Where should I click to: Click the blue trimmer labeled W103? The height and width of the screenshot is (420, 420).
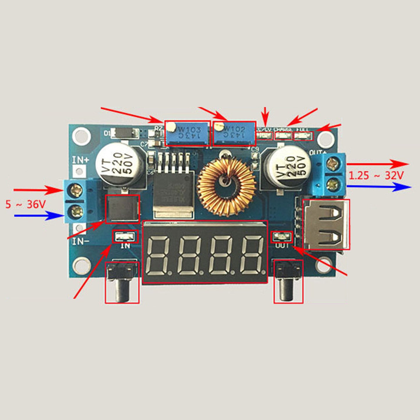[187, 133]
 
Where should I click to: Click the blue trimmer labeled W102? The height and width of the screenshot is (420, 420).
[235, 133]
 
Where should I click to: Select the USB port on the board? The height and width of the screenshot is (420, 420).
[326, 224]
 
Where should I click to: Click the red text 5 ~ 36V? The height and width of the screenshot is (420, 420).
[26, 204]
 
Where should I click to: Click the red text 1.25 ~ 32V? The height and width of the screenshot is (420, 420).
[376, 176]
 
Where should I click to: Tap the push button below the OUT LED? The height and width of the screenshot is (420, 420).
[288, 282]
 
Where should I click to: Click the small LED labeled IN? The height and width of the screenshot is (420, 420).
[125, 237]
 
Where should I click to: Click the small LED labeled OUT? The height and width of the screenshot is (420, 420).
[282, 237]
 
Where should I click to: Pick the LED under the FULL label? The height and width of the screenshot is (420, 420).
[303, 136]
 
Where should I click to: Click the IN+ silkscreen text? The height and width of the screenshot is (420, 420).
[81, 160]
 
